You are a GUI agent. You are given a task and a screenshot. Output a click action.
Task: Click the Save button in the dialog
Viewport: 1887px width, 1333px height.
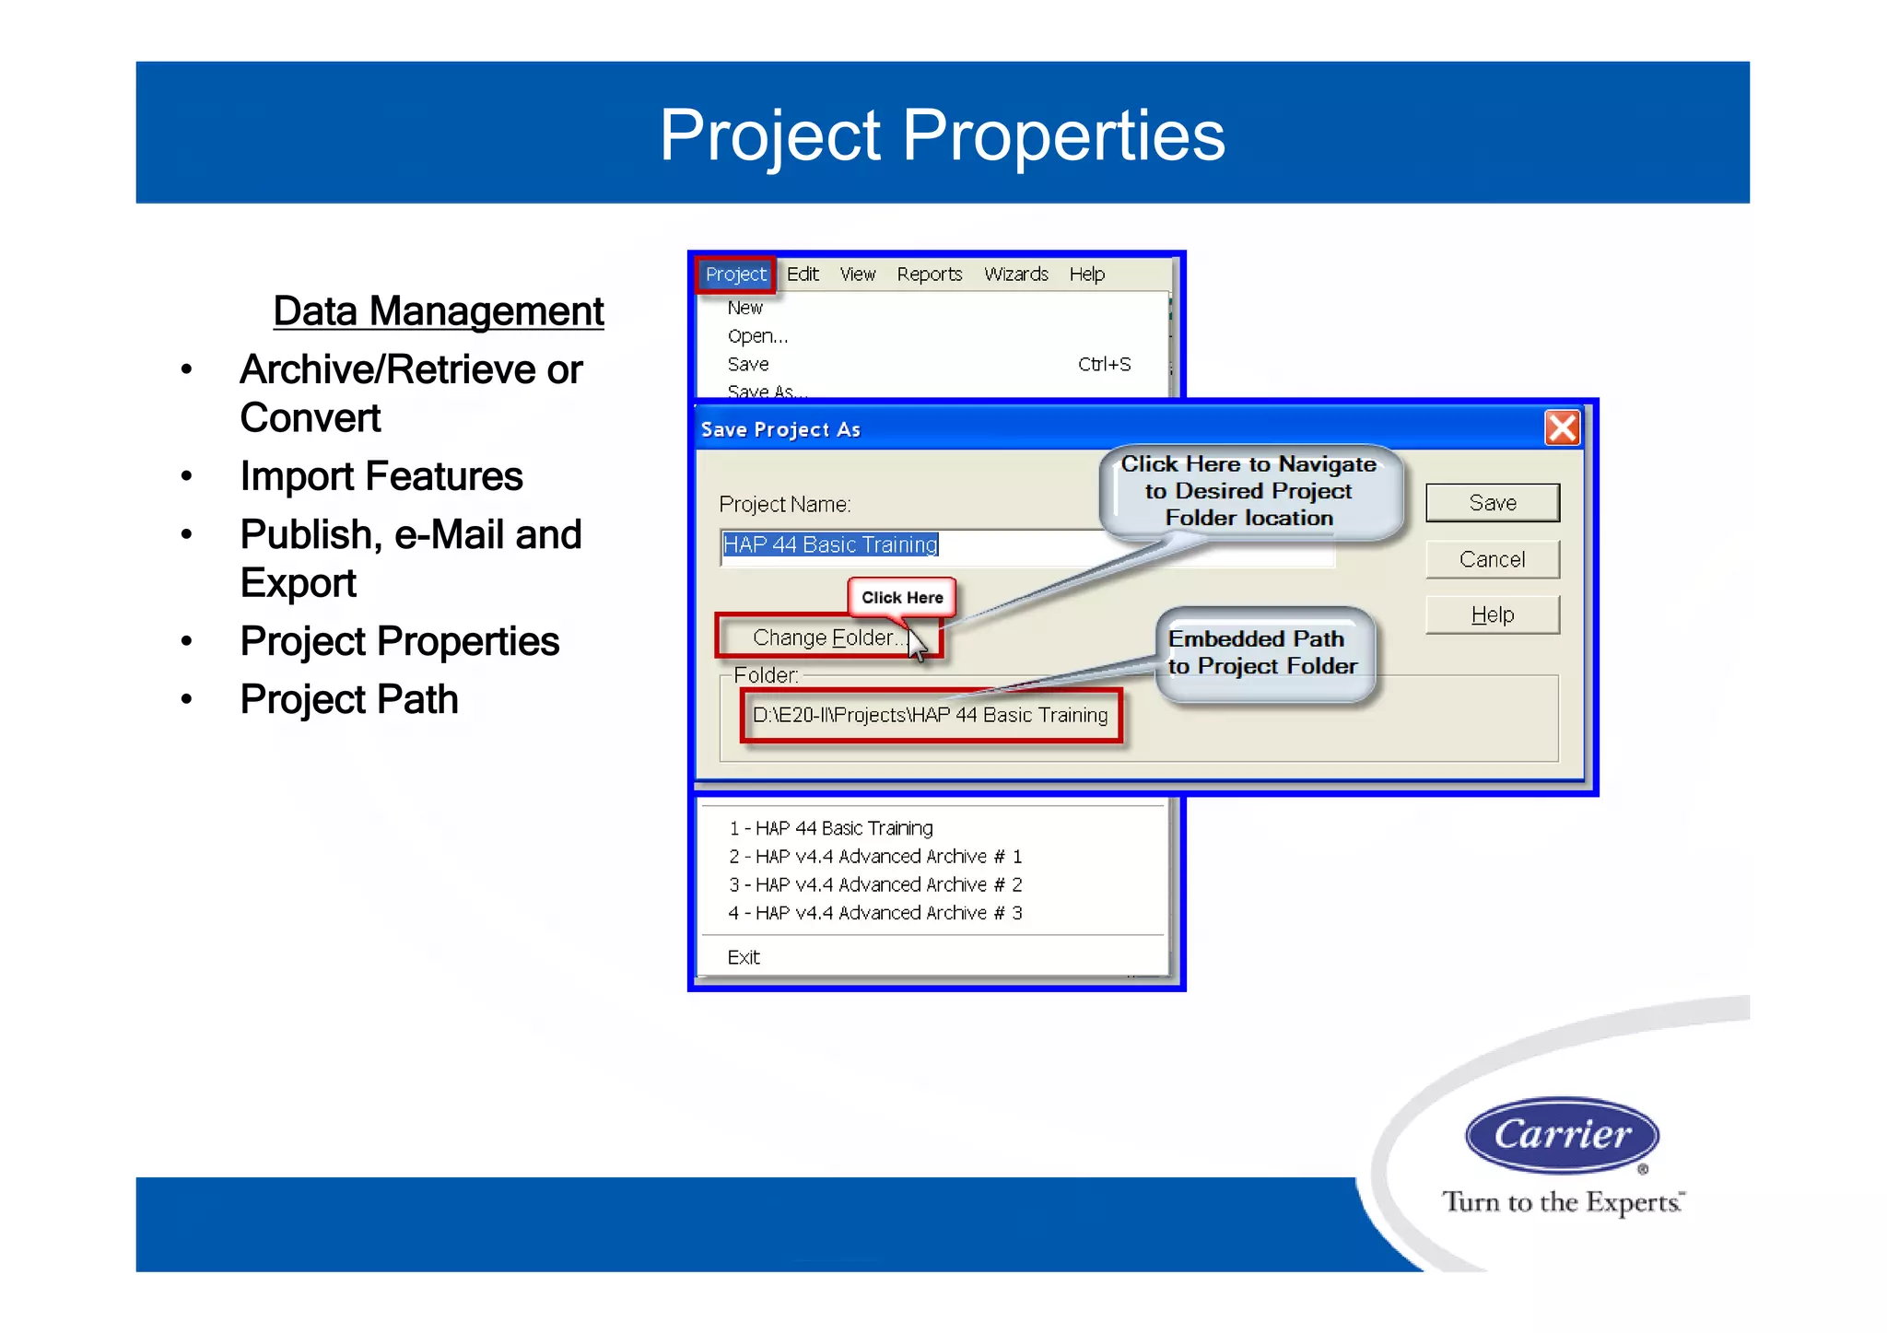point(1492,503)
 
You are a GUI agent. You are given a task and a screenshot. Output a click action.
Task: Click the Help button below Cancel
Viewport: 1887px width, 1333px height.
point(1492,614)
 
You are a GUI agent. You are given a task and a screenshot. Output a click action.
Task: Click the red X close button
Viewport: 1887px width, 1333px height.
point(1562,428)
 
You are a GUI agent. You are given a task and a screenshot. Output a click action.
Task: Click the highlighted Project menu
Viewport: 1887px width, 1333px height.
point(735,275)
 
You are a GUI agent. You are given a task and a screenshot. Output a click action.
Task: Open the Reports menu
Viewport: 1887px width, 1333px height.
point(929,275)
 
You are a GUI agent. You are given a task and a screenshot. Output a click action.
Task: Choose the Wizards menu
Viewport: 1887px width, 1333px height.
point(1015,275)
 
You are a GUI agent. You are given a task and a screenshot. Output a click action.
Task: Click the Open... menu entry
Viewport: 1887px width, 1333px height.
point(757,336)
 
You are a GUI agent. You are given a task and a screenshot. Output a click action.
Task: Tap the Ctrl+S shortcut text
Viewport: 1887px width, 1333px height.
point(1104,365)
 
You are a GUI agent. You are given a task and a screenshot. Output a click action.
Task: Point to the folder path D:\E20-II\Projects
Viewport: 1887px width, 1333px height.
point(930,716)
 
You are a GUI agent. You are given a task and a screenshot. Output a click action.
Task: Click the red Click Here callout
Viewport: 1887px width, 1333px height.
point(902,598)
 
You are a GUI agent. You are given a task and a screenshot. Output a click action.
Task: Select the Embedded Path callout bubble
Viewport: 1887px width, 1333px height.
point(1262,653)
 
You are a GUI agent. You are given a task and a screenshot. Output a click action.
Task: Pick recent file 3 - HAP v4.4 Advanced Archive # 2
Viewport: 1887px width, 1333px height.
point(875,885)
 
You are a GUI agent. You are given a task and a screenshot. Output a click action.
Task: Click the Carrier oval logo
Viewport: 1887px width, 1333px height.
point(1562,1135)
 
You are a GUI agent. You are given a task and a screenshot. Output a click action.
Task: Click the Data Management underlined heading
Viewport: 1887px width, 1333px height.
point(439,311)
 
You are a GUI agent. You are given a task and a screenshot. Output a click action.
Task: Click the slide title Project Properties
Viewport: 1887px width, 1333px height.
point(942,135)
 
